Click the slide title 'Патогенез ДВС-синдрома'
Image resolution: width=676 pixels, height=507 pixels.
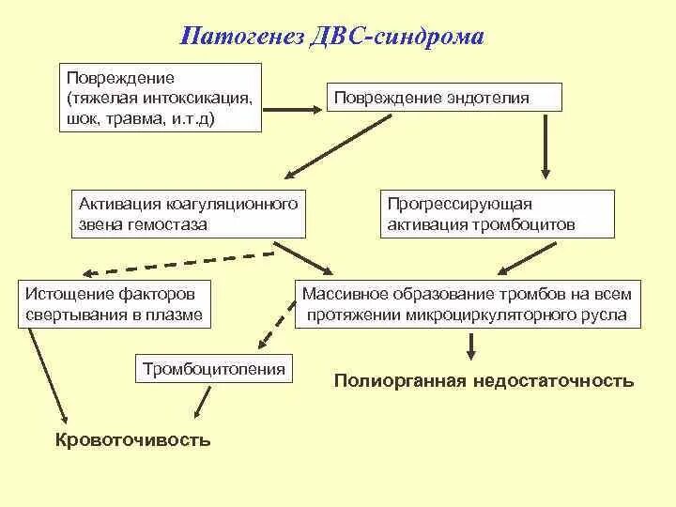[333, 37]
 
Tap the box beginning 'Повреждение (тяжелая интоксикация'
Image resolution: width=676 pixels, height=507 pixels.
[159, 99]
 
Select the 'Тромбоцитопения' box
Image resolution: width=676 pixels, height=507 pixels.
[214, 369]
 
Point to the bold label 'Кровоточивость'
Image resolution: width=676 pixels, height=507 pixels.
[132, 439]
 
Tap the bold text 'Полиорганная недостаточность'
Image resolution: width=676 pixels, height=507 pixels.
[484, 381]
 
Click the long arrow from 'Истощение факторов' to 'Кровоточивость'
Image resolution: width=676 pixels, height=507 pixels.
[47, 376]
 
